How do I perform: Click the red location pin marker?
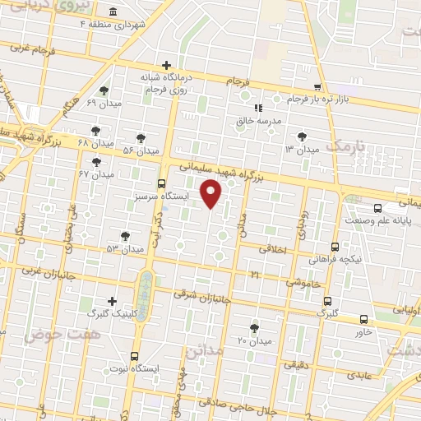pyautogui.click(x=212, y=193)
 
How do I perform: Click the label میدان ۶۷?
pyautogui.click(x=95, y=174)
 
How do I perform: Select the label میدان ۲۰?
pyautogui.click(x=254, y=340)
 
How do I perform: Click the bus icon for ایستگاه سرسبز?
pyautogui.click(x=161, y=184)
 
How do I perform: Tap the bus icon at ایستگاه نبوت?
pyautogui.click(x=134, y=356)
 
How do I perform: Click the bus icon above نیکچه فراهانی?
pyautogui.click(x=335, y=246)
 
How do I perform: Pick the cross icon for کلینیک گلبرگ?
pyautogui.click(x=113, y=302)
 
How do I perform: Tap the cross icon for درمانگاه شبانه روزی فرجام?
pyautogui.click(x=166, y=65)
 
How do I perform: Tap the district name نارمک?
pyautogui.click(x=344, y=146)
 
